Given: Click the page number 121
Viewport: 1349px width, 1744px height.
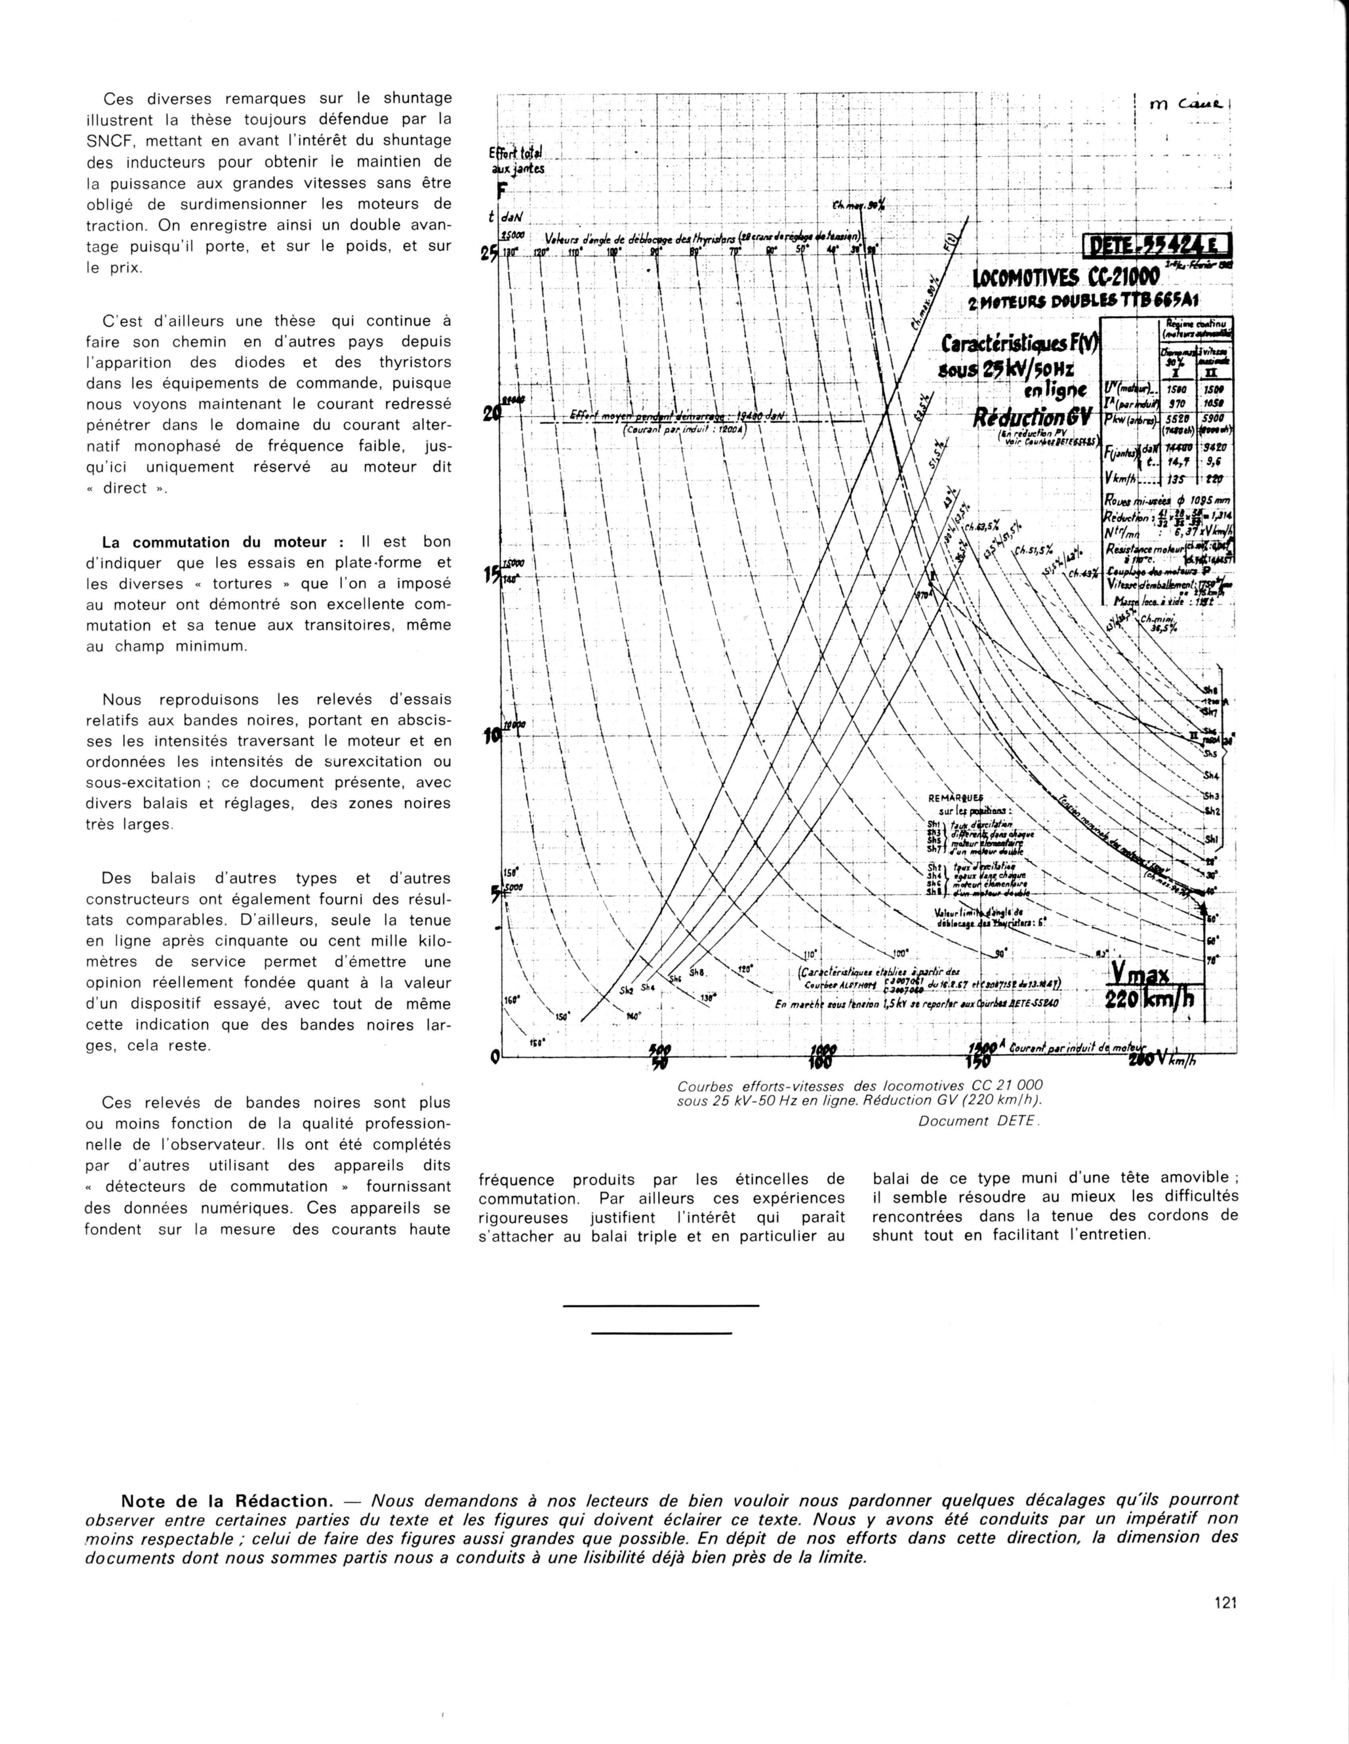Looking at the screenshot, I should tap(1225, 1602).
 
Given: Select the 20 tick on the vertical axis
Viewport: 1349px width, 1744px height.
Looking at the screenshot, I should tap(487, 415).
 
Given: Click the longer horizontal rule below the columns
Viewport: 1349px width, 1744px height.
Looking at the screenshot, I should tap(661, 1306).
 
